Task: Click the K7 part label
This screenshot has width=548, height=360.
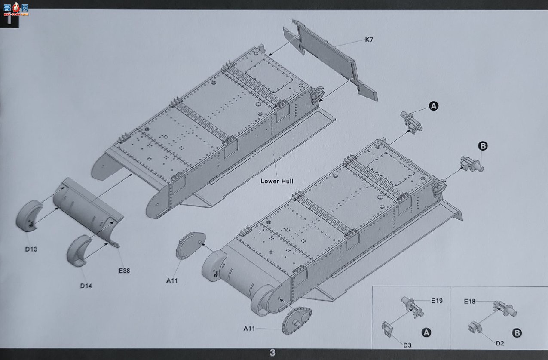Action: [369, 40]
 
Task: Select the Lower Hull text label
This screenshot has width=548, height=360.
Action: [277, 181]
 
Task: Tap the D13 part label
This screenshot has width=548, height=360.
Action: [31, 249]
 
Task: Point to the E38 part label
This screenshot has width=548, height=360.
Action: [124, 271]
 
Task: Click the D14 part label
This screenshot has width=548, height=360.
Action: [86, 286]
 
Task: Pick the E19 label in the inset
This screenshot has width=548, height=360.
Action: [437, 301]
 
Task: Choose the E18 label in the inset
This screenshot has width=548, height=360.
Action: [469, 301]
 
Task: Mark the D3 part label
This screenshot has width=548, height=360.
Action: [407, 345]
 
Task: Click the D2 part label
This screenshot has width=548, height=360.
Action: [500, 343]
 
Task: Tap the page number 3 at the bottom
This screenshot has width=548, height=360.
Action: [272, 353]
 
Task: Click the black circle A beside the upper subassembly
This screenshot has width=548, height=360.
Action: [434, 106]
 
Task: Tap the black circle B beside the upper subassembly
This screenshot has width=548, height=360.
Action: [483, 146]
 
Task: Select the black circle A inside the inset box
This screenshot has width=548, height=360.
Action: [426, 332]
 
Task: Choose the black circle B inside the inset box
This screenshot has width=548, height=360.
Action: [517, 333]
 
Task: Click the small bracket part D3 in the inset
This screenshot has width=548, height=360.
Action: [387, 329]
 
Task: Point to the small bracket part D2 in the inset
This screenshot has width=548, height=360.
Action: [475, 327]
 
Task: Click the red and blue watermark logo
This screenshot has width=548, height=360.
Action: [16, 9]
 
